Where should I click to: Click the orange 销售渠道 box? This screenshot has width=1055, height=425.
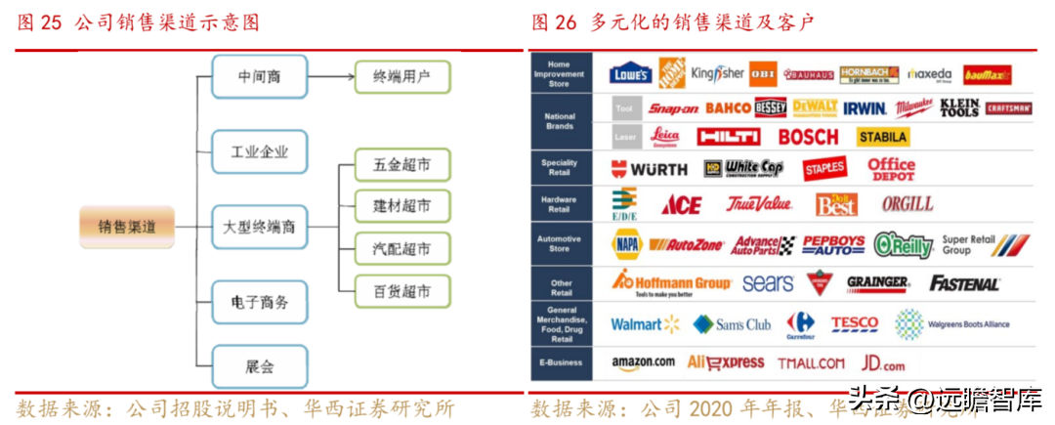[x=127, y=227]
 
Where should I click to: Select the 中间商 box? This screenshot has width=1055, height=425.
[x=259, y=75]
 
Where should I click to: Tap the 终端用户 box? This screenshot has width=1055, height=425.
[x=402, y=75]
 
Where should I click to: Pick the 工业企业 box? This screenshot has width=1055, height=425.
[x=259, y=151]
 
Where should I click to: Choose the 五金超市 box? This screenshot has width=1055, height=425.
[x=402, y=164]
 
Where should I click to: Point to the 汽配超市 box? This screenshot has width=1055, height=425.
[x=402, y=249]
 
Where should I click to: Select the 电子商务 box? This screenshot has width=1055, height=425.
[x=259, y=303]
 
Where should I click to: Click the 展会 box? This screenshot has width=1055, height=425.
[x=259, y=367]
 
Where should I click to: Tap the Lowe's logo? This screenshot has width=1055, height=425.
[x=630, y=74]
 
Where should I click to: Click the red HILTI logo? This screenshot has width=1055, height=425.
[x=728, y=137]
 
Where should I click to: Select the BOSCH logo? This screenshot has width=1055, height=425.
[x=808, y=137]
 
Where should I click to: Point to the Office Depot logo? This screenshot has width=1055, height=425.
[x=891, y=169]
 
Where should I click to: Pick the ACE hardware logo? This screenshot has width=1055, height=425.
[x=681, y=205]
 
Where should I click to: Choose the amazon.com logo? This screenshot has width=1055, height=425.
[x=644, y=362]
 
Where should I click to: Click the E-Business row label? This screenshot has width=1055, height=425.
[x=561, y=362]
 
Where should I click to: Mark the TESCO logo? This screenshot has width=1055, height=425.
[x=855, y=323]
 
